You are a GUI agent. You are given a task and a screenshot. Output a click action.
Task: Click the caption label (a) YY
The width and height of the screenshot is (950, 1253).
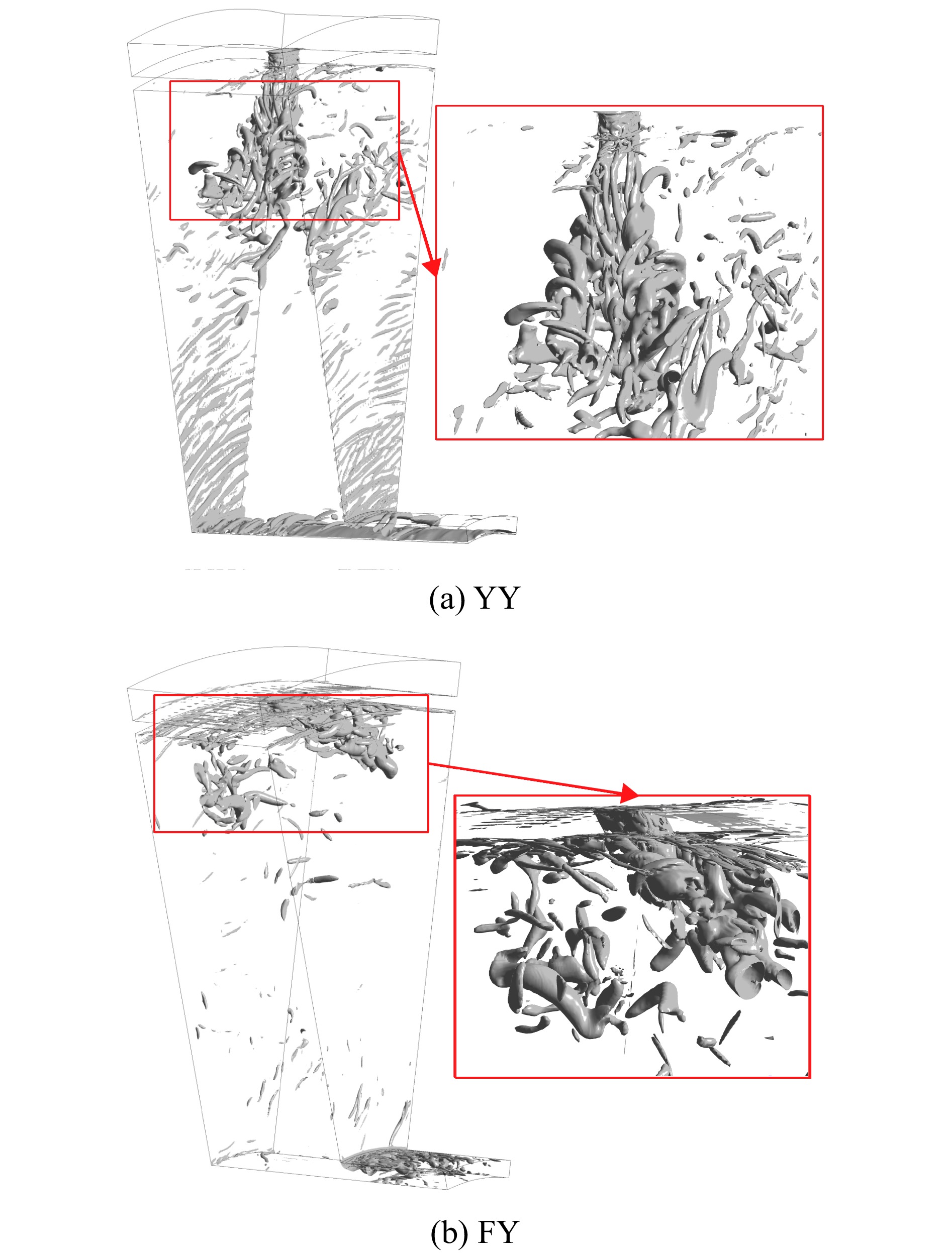pyautogui.click(x=474, y=598)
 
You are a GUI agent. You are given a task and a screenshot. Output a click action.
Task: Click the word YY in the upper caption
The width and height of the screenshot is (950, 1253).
pyautogui.click(x=497, y=598)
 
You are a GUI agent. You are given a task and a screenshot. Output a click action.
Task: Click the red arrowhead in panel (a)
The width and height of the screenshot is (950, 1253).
pyautogui.click(x=432, y=267)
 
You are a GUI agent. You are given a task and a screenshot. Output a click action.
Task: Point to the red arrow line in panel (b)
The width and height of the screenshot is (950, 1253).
pyautogui.click(x=533, y=779)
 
